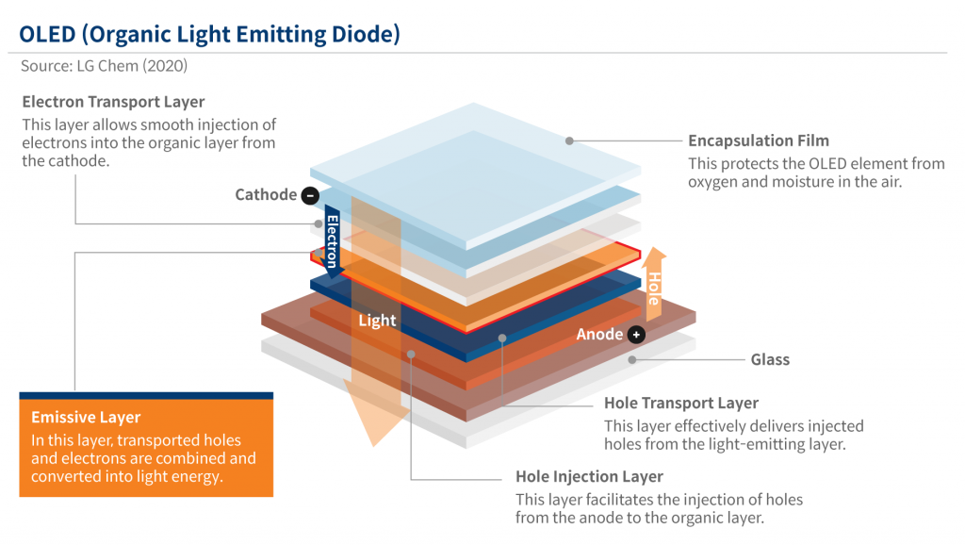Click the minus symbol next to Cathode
[310, 195]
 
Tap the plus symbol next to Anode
[637, 335]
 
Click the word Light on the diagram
[377, 321]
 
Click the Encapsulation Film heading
[759, 140]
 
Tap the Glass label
[770, 359]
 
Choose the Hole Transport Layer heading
[681, 404]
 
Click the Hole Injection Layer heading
[589, 476]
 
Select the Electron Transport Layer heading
[113, 102]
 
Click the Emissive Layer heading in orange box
[86, 417]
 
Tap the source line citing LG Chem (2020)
[104, 67]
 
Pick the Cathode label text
[266, 195]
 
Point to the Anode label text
[600, 335]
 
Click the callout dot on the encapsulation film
[569, 141]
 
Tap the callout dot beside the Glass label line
[632, 359]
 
